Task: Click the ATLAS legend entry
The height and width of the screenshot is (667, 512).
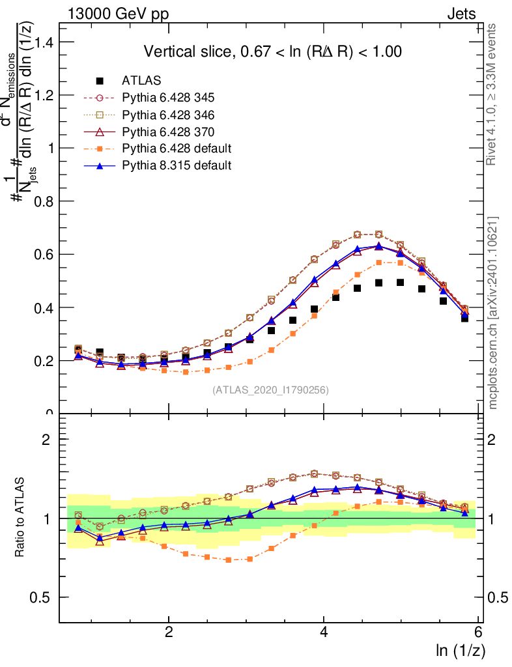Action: (141, 81)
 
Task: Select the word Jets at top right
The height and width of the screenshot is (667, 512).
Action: (461, 14)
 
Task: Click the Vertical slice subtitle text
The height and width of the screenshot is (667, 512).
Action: (272, 51)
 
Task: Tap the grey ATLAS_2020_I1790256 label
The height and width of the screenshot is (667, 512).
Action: (270, 390)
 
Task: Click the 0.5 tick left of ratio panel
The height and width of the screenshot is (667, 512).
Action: (45, 597)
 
